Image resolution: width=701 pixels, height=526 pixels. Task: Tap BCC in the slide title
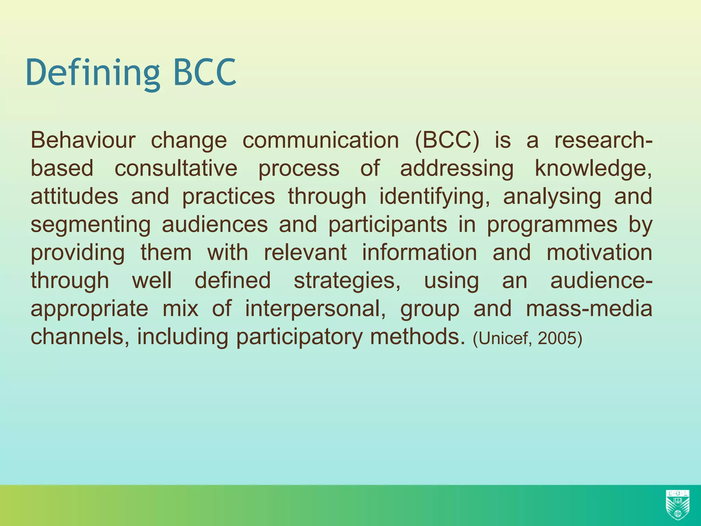click(205, 73)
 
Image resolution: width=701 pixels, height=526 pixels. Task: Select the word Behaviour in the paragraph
click(83, 140)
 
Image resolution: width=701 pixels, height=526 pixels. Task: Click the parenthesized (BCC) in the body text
click(447, 140)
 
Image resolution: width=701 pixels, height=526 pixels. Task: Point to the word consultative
click(176, 168)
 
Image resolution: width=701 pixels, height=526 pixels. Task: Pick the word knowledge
click(593, 168)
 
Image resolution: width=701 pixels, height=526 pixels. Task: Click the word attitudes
click(74, 197)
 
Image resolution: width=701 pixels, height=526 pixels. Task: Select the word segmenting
click(90, 225)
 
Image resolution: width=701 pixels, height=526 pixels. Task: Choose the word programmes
click(552, 225)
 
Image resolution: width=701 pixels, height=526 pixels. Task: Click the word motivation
click(599, 253)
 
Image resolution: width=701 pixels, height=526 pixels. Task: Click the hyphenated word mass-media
click(589, 309)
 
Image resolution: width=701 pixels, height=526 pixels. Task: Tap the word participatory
click(299, 337)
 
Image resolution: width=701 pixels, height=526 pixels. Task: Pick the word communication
click(321, 140)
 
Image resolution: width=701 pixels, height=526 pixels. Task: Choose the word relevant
click(305, 253)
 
